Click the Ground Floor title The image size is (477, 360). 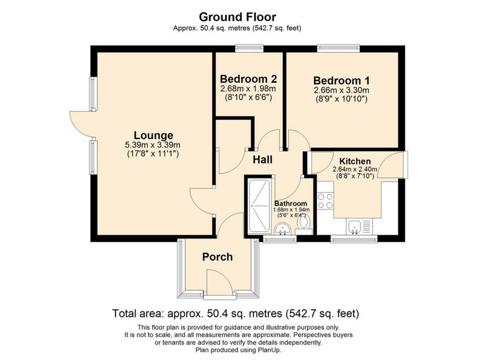(237, 17)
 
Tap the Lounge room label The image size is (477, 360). (153, 135)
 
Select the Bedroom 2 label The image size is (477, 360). (248, 78)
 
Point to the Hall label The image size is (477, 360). (263, 160)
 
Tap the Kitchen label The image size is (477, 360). (355, 161)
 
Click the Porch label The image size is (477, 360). (217, 257)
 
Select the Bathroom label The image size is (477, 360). (291, 203)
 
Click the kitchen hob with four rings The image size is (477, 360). (325, 201)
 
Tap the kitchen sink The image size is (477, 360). (355, 227)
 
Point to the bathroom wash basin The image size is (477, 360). (283, 229)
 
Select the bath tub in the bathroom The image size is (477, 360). (258, 206)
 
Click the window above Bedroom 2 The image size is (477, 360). (249, 48)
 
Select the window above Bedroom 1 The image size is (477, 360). (338, 48)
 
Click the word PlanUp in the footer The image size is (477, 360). (271, 350)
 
